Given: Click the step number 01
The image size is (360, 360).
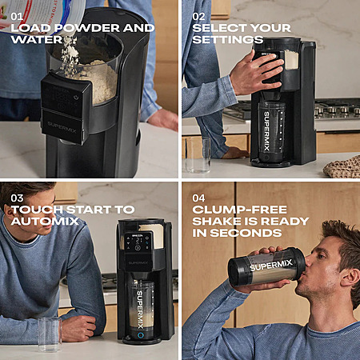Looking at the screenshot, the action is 16,17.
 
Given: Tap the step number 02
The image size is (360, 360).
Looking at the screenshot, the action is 198,17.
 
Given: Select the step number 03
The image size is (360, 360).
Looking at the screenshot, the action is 17,198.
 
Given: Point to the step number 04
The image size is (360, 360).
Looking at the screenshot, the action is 198,198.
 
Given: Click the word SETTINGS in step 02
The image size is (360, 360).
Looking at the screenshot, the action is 228,40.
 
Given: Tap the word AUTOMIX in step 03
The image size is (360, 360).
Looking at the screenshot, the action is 45,222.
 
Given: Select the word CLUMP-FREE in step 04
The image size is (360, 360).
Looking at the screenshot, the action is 240,210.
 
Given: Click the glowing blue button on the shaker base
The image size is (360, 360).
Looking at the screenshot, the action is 140,335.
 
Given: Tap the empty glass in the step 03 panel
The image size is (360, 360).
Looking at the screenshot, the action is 50,334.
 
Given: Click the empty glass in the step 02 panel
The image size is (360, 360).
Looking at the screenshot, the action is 198,155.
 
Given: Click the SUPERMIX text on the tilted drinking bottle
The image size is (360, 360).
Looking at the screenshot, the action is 271,266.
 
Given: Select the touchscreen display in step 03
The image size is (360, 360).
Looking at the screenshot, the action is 138,242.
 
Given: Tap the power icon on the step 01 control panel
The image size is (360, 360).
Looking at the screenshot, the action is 76,98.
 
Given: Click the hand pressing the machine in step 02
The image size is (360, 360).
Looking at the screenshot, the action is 256,73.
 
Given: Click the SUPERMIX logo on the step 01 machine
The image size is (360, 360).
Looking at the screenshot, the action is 62,128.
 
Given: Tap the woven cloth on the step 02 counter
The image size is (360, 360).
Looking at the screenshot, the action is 343,166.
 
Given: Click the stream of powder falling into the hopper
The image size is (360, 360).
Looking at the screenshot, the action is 69,54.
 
